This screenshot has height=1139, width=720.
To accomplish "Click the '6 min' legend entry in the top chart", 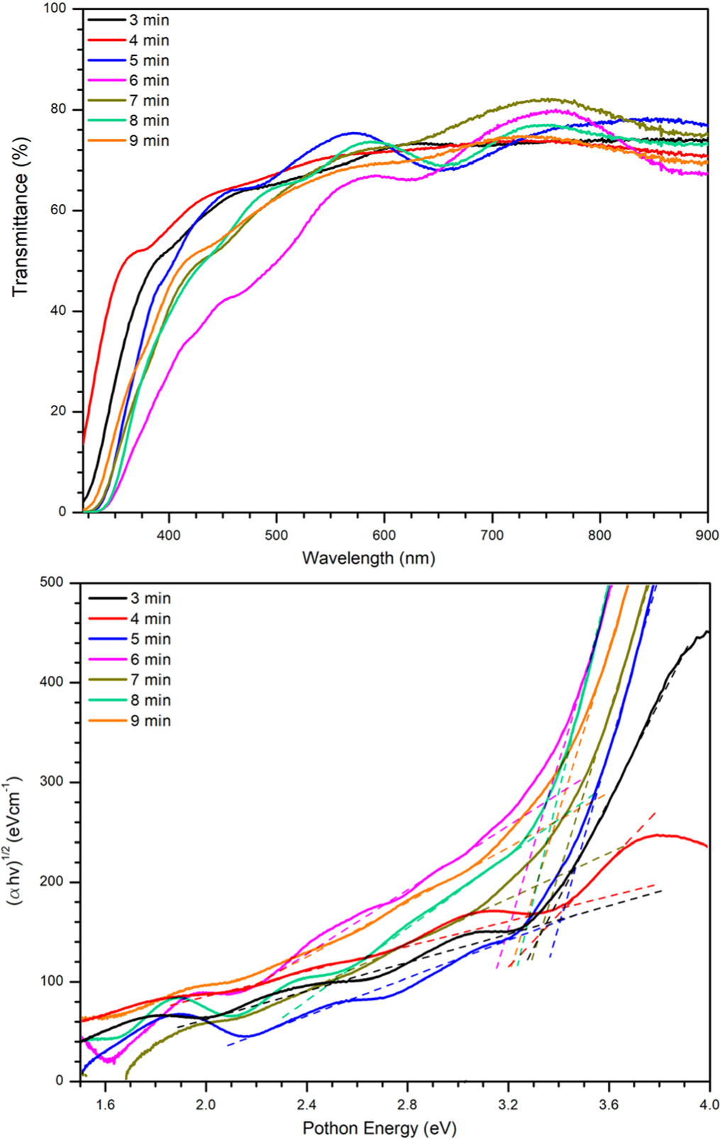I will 148,81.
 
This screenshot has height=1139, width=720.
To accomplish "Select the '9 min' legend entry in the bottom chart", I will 150,721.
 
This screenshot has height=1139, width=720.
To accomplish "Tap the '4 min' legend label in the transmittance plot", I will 148,40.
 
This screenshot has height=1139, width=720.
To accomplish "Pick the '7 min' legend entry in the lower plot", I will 150,680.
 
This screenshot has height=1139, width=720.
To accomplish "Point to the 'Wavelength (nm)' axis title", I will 368,558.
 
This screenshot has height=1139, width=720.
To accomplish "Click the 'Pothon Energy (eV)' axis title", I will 380,1128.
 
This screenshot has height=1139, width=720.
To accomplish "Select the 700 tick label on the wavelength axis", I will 492,535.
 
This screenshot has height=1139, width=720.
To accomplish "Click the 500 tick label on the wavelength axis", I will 276,535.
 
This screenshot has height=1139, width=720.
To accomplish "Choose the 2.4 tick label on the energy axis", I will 306,1105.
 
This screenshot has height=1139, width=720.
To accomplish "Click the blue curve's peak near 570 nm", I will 353,133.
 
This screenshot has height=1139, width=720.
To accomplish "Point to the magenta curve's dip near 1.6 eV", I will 109,1061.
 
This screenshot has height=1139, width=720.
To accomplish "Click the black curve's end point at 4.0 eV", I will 707,631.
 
